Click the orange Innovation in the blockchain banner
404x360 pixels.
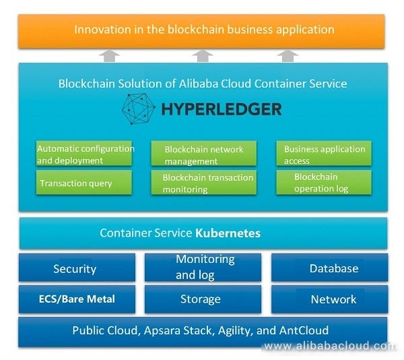[201, 30]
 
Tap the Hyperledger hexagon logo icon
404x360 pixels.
[139, 109]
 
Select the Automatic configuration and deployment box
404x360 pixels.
[85, 154]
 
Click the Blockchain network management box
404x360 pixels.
[204, 155]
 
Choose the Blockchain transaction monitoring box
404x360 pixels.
[204, 183]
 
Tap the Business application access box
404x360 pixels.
[325, 154]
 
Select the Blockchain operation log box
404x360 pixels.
[325, 183]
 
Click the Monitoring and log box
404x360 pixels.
[205, 267]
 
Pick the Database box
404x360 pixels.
[330, 268]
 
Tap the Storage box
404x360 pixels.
[201, 299]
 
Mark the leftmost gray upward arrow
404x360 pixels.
[111, 55]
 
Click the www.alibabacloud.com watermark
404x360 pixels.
[330, 346]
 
